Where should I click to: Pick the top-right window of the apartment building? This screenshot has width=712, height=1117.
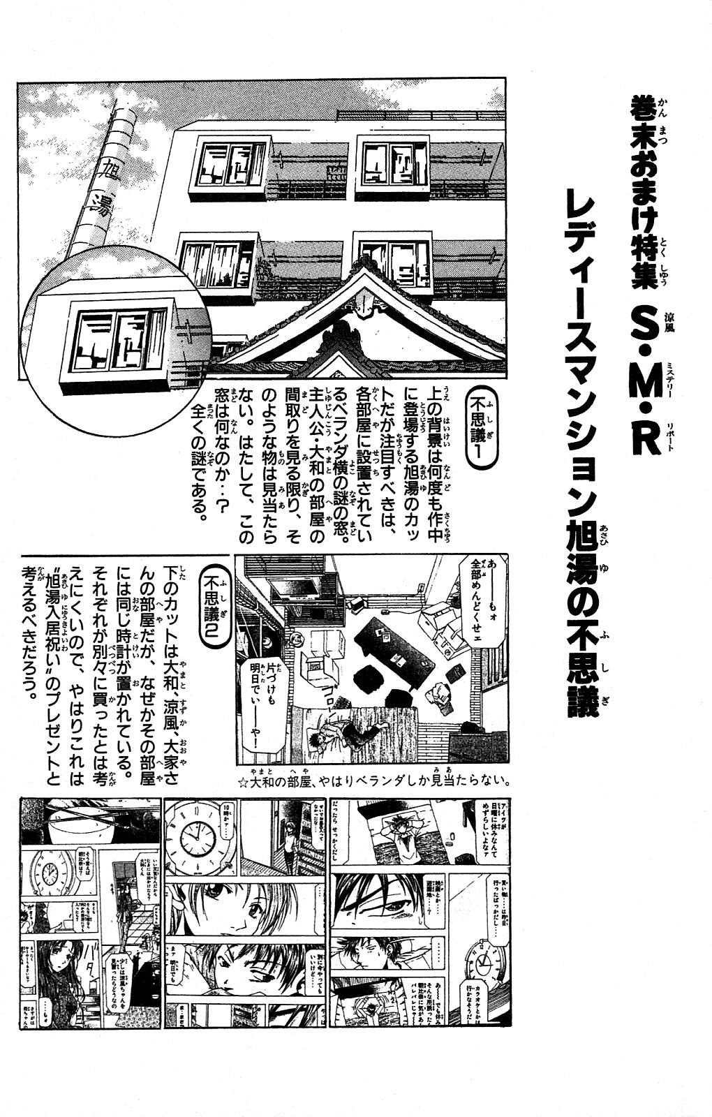click(392, 164)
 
